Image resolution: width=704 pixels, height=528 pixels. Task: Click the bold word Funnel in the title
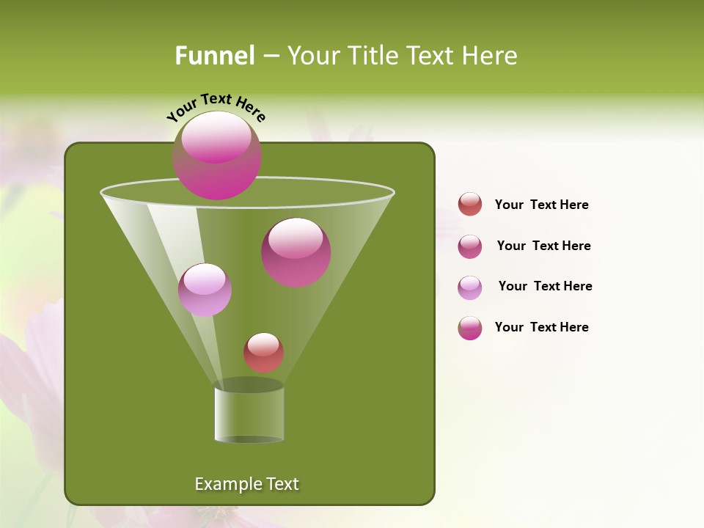(x=215, y=56)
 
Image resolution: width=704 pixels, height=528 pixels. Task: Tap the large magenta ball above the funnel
(x=217, y=155)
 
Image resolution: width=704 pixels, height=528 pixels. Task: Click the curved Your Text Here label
(x=216, y=107)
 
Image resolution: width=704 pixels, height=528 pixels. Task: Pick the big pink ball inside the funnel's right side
(x=296, y=252)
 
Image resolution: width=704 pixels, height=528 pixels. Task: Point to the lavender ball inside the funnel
(x=205, y=290)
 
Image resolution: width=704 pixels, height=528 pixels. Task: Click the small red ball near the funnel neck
(x=263, y=352)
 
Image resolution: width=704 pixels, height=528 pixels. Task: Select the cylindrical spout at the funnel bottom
(x=249, y=414)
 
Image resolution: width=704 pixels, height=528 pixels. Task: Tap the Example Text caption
(x=247, y=484)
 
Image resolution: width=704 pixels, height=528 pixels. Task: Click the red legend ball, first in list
(x=470, y=204)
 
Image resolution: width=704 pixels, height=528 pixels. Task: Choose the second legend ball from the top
(x=470, y=246)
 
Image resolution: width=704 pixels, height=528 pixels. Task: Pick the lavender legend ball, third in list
(x=470, y=287)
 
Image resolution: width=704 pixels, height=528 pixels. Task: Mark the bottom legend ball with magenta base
(x=470, y=328)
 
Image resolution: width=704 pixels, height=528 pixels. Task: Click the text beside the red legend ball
(x=541, y=205)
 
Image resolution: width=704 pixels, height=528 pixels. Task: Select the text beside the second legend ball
(x=543, y=246)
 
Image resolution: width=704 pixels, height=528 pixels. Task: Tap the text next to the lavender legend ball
(x=545, y=286)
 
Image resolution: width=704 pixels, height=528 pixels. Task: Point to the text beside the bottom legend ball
(x=541, y=327)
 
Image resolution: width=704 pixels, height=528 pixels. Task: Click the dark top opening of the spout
(x=249, y=385)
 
